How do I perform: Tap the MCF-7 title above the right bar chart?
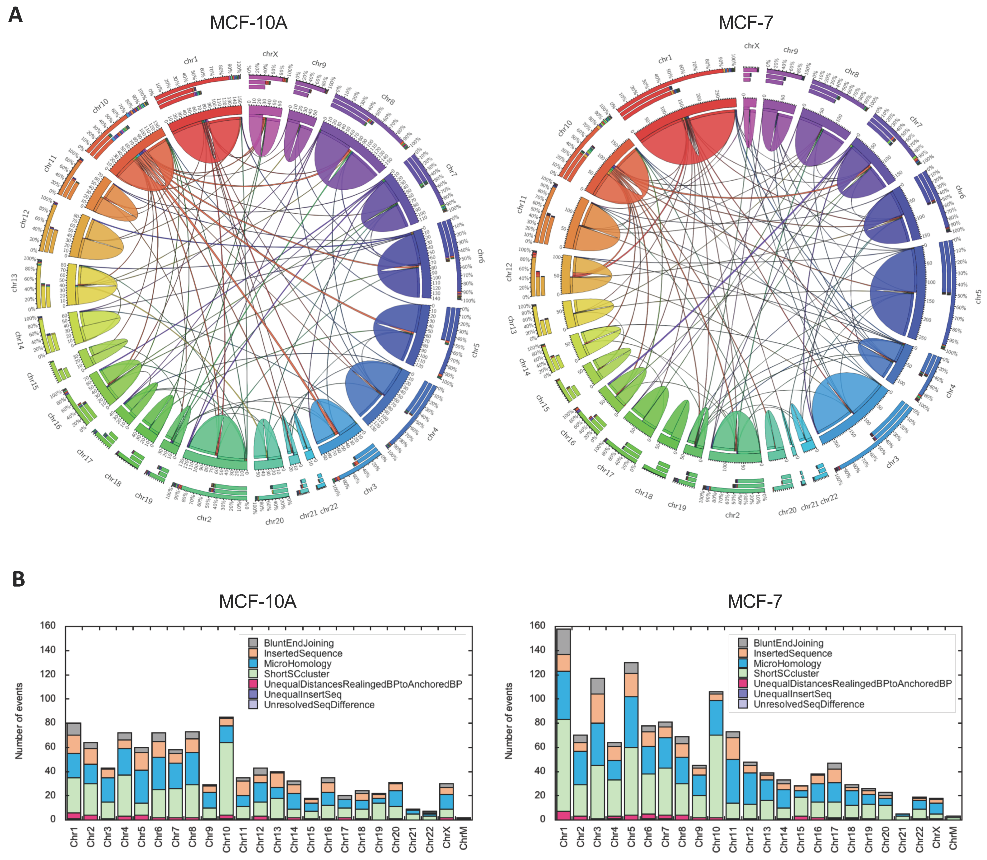tap(755, 601)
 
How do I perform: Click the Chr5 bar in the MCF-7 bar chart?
tap(631, 741)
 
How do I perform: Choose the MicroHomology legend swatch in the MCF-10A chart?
tap(253, 664)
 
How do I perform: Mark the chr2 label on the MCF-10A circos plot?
tap(204, 518)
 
